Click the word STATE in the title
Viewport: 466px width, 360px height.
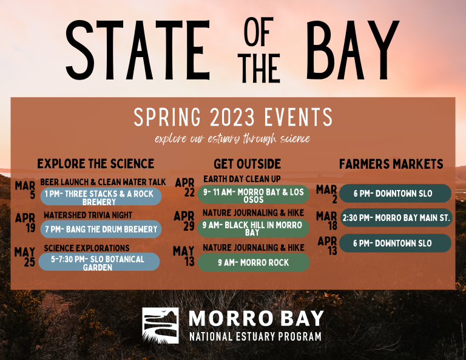[138, 50]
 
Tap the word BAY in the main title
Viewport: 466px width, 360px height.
[353, 50]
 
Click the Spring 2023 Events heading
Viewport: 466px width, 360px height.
[233, 117]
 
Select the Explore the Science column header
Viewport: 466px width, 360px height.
[96, 164]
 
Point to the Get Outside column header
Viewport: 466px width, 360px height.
[248, 164]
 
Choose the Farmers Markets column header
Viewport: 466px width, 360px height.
[391, 164]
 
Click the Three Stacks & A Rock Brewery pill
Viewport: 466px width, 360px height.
[101, 197]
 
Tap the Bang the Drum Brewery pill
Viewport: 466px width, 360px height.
[101, 229]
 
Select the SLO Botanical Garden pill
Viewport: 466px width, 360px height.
[100, 262]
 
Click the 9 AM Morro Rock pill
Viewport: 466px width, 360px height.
[254, 262]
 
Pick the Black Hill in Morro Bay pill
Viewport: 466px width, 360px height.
[254, 228]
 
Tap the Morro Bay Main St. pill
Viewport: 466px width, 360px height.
[396, 218]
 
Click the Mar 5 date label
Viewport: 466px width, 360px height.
[25, 190]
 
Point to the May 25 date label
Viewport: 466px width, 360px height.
[25, 257]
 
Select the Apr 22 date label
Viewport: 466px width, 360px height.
[185, 187]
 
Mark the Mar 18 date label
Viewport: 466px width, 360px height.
[326, 221]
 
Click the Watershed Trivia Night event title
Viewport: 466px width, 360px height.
[88, 215]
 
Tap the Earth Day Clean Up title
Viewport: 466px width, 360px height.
[242, 178]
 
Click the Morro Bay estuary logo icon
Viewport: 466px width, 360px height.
[160, 325]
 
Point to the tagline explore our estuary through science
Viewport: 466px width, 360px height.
[233, 139]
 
